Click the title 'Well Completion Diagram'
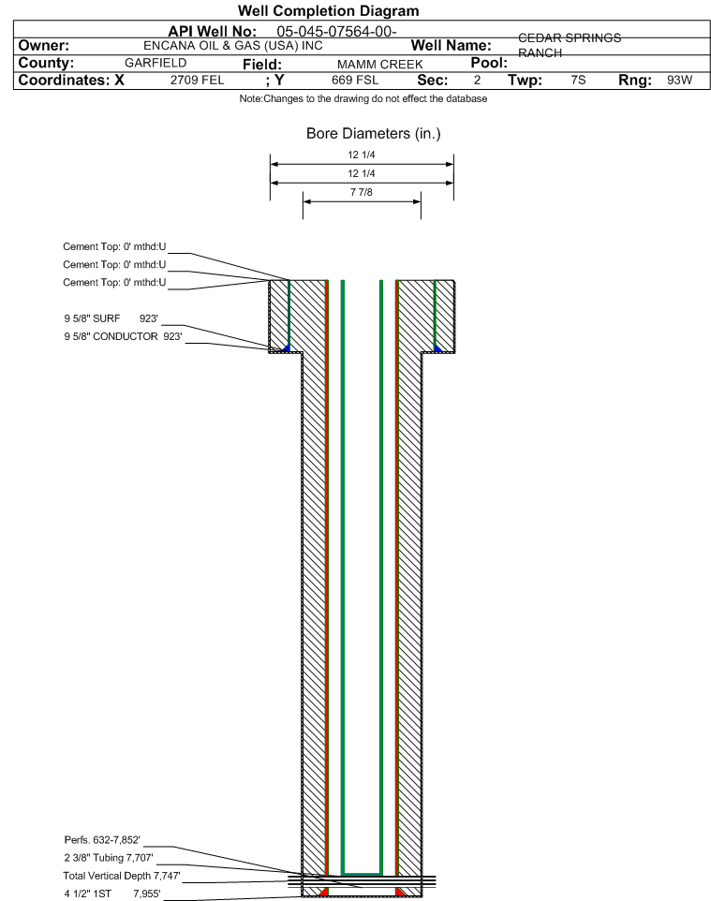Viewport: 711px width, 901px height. coord(328,11)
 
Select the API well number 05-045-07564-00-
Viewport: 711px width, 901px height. coord(336,32)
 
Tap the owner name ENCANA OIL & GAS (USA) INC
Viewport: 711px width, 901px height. coord(233,46)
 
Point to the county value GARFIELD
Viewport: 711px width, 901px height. coord(156,63)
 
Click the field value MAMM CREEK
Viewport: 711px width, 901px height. coord(380,65)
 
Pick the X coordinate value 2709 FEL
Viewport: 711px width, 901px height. coord(197,80)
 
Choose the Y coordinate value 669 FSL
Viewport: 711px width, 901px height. coord(355,80)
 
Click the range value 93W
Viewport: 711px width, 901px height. coord(679,80)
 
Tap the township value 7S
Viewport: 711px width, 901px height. coord(578,80)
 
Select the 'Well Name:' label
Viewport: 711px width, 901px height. coord(452,45)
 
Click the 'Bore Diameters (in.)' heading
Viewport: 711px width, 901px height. coord(374,134)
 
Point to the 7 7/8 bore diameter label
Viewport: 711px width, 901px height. coord(362,192)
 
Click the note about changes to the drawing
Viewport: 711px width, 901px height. coord(363,99)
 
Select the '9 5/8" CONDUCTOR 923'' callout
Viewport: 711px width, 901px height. coord(123,336)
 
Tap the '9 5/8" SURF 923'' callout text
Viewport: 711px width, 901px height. coord(111,318)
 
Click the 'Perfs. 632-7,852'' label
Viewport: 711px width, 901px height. coord(102,840)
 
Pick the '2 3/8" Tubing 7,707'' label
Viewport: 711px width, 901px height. coord(109,858)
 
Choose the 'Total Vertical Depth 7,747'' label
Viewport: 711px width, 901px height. coord(122,876)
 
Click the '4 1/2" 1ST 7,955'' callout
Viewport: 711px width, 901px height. coord(112,894)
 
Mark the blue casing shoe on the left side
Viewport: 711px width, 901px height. coord(287,348)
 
